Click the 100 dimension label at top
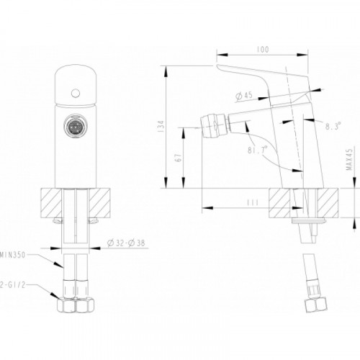click(x=263, y=50)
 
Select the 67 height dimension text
click(x=179, y=158)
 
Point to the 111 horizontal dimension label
click(x=253, y=202)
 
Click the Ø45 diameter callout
click(x=244, y=96)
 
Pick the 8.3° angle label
click(x=333, y=126)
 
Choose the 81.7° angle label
click(x=257, y=150)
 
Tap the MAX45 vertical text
click(x=350, y=159)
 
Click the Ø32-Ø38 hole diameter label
click(x=126, y=243)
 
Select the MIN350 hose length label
click(x=12, y=255)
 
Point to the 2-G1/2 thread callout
click(x=12, y=285)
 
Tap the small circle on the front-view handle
click(x=76, y=93)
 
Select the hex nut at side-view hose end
click(x=316, y=305)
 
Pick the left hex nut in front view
click(x=66, y=305)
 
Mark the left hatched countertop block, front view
click(x=51, y=203)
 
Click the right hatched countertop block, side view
click(x=328, y=203)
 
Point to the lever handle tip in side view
click(x=218, y=66)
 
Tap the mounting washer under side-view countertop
click(x=309, y=220)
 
